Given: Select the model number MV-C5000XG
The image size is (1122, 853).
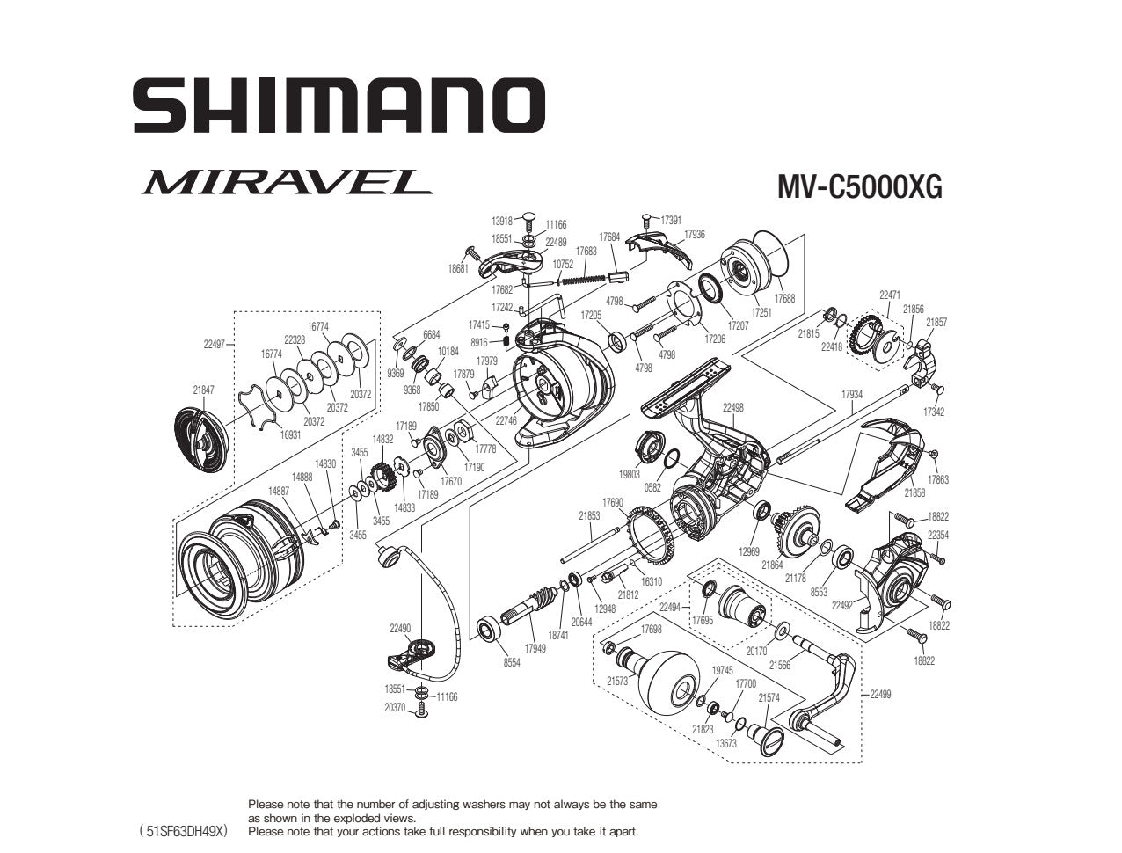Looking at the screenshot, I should pos(859,186).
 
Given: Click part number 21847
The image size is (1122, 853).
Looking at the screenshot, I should pos(202,389).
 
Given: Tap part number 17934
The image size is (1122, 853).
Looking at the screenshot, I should pos(851,395).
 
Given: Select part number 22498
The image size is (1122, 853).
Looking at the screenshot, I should pos(732,407).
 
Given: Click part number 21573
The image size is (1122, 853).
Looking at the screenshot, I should pos(617,681).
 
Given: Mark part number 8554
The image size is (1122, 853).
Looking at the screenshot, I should pos(512,662).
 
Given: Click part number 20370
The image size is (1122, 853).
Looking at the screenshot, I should pos(395,707).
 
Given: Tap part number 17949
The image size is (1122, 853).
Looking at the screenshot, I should pos(535,648).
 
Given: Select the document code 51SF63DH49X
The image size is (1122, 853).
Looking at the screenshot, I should pos(184,830).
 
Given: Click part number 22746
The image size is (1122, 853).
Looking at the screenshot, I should pos(506,420).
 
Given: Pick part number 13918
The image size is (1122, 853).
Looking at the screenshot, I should pos(502,222).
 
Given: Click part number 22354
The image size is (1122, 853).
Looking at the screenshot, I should pos(938,535).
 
